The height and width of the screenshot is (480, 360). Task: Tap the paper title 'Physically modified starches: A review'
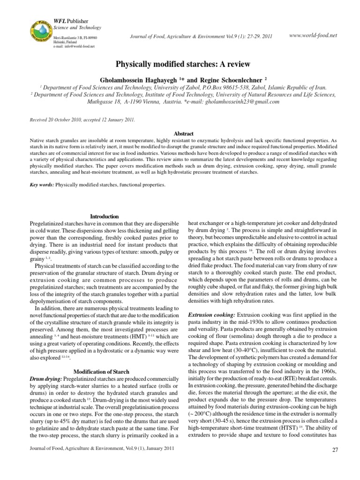tap(180, 64)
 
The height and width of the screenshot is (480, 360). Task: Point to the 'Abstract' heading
tap(180, 133)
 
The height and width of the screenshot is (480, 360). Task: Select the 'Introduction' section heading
tap(105, 216)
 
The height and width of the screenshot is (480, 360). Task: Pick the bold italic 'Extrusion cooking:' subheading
tap(211, 314)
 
